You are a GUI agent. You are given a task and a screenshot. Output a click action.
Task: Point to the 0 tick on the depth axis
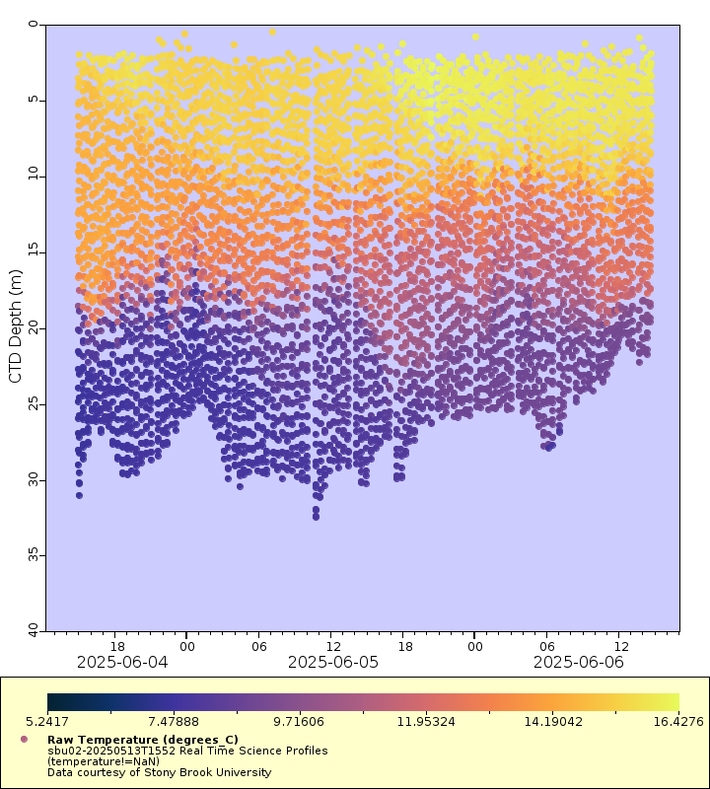point(35,25)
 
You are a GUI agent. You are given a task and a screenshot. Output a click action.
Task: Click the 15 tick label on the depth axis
point(35,252)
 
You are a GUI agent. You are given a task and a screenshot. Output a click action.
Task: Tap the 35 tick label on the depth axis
point(35,555)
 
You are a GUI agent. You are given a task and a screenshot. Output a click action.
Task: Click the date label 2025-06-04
point(122,662)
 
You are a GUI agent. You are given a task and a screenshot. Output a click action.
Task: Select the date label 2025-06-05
point(333,662)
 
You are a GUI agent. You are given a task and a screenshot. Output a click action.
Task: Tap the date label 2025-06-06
point(579,662)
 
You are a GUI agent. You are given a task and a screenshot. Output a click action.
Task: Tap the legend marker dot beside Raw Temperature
point(24,739)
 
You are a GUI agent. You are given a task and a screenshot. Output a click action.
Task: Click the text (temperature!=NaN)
point(104,761)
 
